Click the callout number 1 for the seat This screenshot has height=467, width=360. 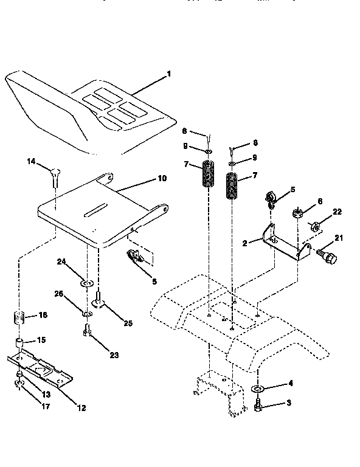(x=168, y=74)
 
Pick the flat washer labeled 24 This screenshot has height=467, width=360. (x=87, y=283)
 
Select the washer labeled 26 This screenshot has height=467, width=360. (x=87, y=313)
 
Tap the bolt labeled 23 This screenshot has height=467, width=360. (x=86, y=332)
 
